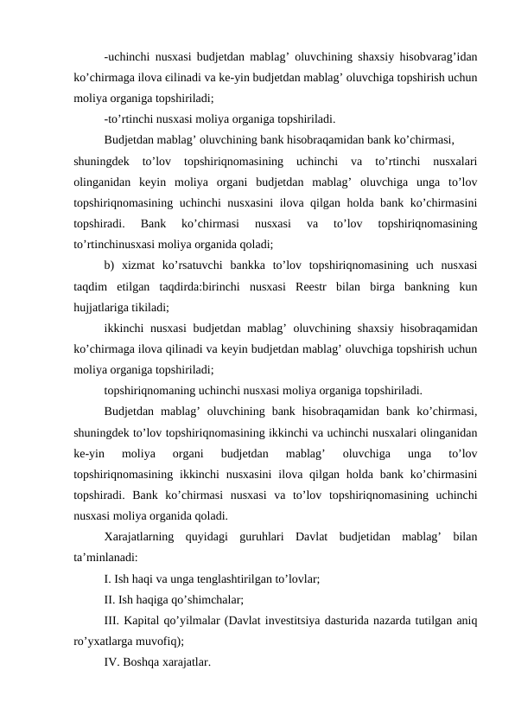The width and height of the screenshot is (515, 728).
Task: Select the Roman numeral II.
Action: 110,598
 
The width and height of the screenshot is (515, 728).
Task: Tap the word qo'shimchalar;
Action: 203,598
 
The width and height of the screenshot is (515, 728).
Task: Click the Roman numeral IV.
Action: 111,661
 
